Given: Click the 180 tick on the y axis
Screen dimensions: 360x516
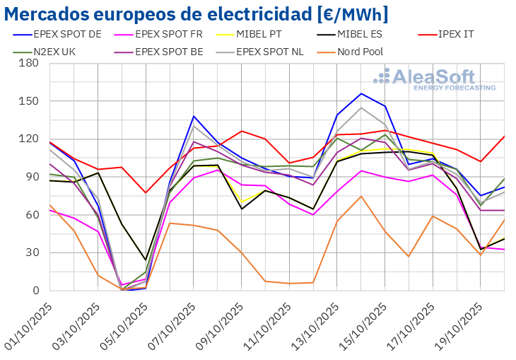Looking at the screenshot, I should [x=29, y=63].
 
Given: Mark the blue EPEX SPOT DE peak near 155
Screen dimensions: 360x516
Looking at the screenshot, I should [x=361, y=93].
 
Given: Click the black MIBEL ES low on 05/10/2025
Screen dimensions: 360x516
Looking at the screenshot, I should [x=146, y=260].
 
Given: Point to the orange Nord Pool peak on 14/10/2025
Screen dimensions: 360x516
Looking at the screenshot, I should [x=361, y=196].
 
